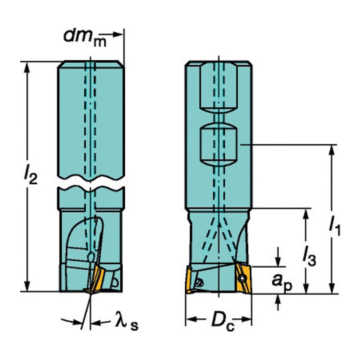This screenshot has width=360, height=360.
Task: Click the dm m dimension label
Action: [84, 37]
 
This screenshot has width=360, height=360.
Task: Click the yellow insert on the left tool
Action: [97, 280]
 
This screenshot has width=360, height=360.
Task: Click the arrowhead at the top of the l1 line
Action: [333, 150]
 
